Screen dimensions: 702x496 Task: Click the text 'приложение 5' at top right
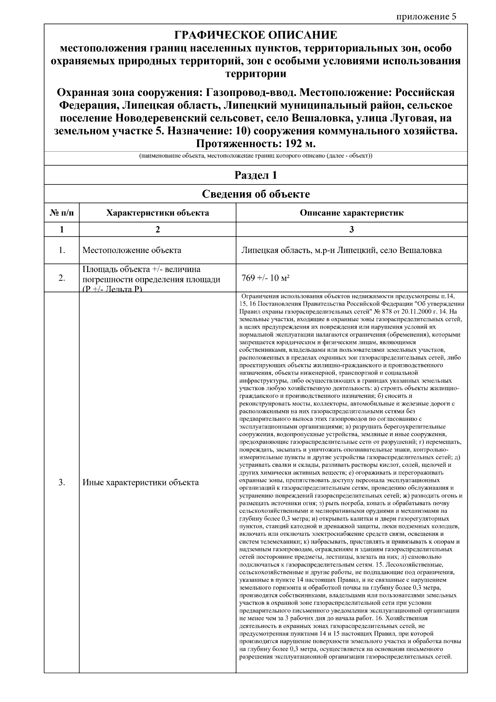click(x=426, y=17)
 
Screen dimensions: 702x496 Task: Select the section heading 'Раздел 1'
click(x=255, y=175)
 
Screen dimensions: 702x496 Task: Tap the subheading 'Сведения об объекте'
click(x=255, y=194)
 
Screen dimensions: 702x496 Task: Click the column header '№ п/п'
click(x=62, y=213)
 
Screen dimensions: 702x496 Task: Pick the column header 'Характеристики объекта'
click(x=157, y=213)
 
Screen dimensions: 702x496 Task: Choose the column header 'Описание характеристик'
click(x=351, y=213)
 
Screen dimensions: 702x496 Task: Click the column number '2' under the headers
click(x=157, y=230)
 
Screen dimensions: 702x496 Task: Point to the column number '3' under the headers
click(x=351, y=230)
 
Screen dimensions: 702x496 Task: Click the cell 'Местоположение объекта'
click(x=131, y=250)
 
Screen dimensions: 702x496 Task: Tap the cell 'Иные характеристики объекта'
click(x=141, y=482)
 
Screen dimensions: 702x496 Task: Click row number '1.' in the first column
click(x=62, y=250)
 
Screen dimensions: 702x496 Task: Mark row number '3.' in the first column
click(x=62, y=482)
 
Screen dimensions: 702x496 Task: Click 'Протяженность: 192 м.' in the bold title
click(x=255, y=144)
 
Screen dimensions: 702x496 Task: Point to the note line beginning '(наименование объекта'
click(x=255, y=156)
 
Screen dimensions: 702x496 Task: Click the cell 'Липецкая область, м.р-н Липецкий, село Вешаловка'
click(x=341, y=250)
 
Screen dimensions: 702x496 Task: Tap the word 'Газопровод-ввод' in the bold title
click(x=254, y=92)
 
